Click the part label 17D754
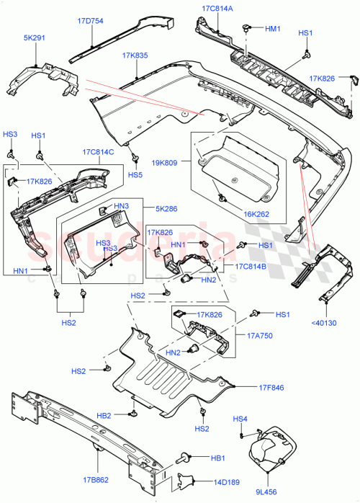(90, 22)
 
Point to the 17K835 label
(135, 55)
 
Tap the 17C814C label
(98, 153)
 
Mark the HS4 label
(240, 419)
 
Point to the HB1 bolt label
(217, 457)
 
